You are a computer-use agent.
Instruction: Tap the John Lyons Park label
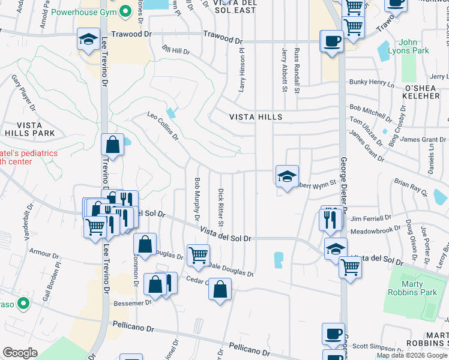pos(414,46)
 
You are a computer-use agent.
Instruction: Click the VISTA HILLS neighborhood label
pos(255,117)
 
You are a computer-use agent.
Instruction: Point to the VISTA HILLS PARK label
pos(28,128)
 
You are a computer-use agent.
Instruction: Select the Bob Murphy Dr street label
pos(196,198)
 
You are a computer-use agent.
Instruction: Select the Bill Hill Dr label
pos(176,50)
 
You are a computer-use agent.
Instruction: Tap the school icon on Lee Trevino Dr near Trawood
pos(89,41)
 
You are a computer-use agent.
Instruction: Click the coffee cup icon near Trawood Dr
pos(332,42)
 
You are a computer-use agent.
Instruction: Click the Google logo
pos(20,353)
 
